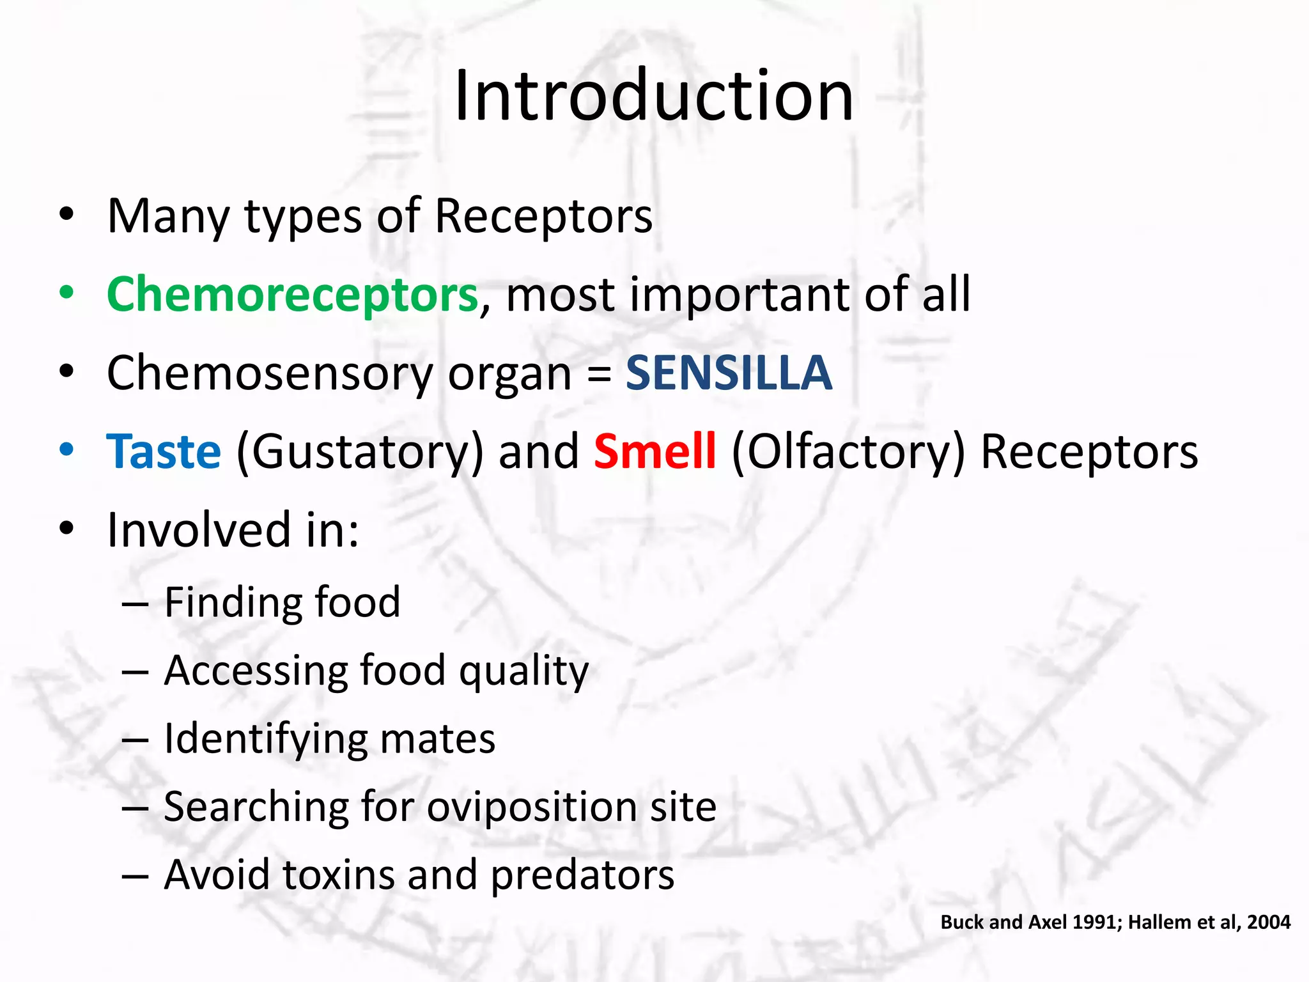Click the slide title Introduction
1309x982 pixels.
click(x=654, y=96)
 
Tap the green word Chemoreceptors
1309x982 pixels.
click(x=292, y=295)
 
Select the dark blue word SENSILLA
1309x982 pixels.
click(x=729, y=373)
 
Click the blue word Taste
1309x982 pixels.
click(x=164, y=451)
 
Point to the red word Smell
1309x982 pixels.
click(x=654, y=451)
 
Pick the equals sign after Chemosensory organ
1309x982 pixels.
click(x=599, y=374)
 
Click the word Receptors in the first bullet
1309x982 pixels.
click(x=543, y=216)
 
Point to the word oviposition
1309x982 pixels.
click(x=532, y=807)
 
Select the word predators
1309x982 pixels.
click(x=582, y=875)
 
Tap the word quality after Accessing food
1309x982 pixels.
click(x=523, y=671)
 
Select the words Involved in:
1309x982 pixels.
click(x=233, y=530)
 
